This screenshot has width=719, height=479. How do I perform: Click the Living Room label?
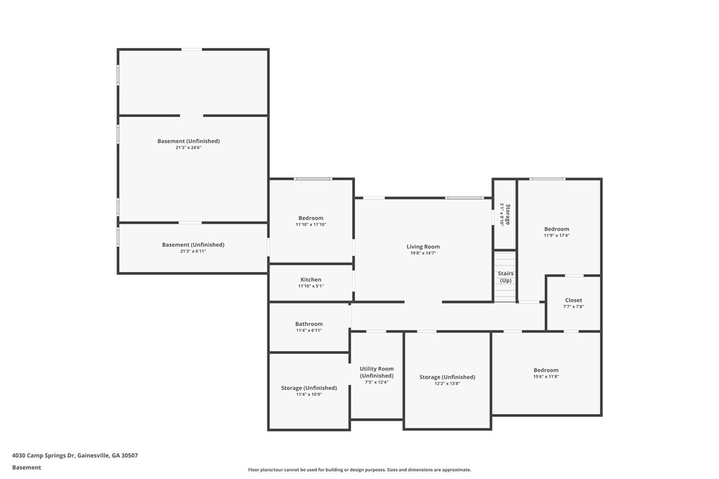423,247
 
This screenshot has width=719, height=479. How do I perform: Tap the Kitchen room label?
311,280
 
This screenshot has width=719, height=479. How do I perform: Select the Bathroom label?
309,324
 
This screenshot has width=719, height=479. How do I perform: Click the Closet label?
573,300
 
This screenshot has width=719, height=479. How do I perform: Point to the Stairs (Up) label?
506,277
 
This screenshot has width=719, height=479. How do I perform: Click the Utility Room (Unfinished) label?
377,372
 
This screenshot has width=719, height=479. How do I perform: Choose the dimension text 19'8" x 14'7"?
423,253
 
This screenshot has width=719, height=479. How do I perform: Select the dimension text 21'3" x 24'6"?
189,148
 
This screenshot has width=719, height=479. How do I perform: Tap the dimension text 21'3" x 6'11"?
193,251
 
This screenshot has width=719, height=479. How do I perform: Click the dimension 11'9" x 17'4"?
557,236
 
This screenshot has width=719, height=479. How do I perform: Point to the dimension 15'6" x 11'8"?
546,377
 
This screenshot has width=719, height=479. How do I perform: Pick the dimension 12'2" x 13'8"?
447,384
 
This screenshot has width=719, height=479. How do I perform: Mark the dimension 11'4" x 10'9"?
309,394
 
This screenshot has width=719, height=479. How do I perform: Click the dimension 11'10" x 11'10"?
311,224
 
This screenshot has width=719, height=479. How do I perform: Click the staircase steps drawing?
505,277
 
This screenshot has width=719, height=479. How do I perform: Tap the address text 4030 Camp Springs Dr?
43,456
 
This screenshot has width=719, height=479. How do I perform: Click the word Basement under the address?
26,468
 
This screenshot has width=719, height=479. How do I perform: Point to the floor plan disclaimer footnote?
359,470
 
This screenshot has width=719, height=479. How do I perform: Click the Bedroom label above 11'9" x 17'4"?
557,229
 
